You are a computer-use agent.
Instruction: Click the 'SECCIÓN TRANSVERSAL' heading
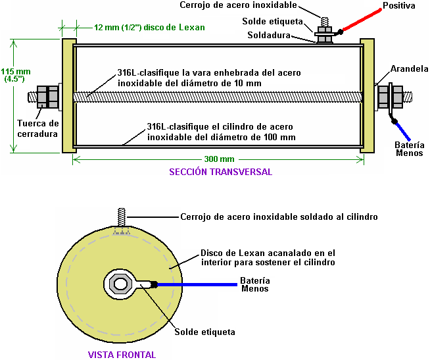point(220,172)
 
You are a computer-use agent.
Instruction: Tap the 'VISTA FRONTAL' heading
point(122,355)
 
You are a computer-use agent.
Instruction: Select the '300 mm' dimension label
point(219,160)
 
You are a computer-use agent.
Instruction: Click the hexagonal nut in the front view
point(120,284)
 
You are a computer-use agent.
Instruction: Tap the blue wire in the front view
point(197,285)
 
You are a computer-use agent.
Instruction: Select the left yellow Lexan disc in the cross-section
point(68,95)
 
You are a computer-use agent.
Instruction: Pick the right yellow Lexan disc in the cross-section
point(367,95)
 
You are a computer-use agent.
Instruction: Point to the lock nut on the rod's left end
point(48,96)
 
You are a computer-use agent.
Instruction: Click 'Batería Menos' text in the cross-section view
point(409,149)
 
